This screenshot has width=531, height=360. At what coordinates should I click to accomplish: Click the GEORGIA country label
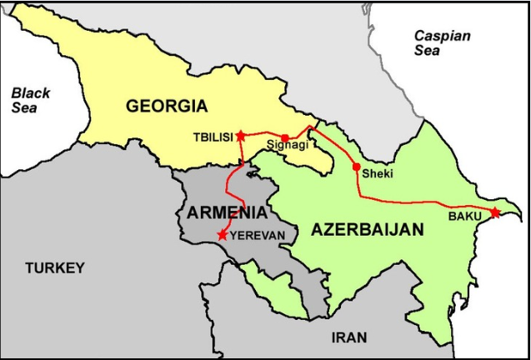point(166,106)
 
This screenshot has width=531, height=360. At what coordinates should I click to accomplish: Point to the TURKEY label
point(54,267)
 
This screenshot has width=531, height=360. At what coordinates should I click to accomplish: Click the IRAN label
point(348,337)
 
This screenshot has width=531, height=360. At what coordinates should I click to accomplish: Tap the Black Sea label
point(30,100)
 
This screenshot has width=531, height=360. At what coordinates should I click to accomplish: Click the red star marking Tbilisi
point(241,135)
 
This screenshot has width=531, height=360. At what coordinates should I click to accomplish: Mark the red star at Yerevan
point(222,235)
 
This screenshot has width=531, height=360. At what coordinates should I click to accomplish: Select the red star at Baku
point(495,212)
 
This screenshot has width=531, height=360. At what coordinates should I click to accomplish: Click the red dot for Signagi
point(285,138)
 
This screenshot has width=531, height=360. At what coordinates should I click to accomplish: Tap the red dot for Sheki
point(357,167)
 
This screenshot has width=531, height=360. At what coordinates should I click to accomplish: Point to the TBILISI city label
point(211,137)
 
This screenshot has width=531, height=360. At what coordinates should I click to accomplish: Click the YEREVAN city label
point(257,236)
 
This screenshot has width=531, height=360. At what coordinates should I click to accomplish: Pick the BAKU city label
point(465,217)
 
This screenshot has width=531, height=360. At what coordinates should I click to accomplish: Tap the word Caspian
point(442,36)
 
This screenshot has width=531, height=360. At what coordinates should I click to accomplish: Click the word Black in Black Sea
point(31,92)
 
